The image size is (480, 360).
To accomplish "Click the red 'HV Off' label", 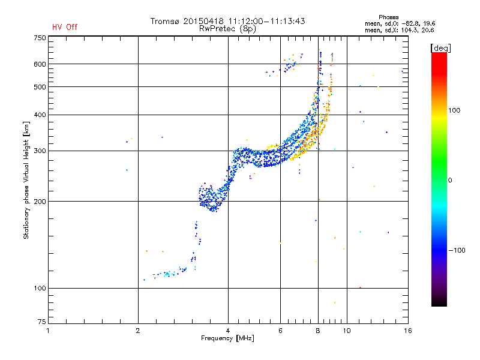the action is pyautogui.click(x=65, y=27).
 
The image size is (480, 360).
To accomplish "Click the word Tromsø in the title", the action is pyautogui.click(x=164, y=21).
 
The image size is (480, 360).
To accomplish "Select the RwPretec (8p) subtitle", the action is pyautogui.click(x=227, y=29).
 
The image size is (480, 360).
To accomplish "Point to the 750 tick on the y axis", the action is pyautogui.click(x=40, y=38).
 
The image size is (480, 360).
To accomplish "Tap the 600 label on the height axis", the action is pyautogui.click(x=40, y=64).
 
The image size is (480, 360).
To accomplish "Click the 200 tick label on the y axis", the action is pyautogui.click(x=40, y=202).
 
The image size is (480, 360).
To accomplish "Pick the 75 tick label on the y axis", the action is pyautogui.click(x=42, y=322).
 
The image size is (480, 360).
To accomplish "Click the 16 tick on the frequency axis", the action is pyautogui.click(x=408, y=331).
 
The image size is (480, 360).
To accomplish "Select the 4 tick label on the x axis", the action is pyautogui.click(x=228, y=331).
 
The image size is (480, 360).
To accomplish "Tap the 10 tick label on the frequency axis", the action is pyautogui.click(x=347, y=331).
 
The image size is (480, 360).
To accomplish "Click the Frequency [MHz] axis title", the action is pyautogui.click(x=227, y=338).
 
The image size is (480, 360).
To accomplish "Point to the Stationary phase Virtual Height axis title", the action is pyautogui.click(x=26, y=180).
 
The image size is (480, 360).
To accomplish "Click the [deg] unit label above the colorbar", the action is pyautogui.click(x=440, y=48).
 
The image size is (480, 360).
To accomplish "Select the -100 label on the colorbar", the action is pyautogui.click(x=457, y=250).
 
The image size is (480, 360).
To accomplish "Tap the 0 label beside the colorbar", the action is pyautogui.click(x=450, y=181).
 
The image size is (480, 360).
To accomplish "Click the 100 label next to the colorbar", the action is pyautogui.click(x=454, y=110).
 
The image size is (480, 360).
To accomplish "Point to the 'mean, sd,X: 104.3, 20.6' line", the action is pyautogui.click(x=399, y=31).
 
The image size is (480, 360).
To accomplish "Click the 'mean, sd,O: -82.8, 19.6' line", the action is pyautogui.click(x=400, y=24).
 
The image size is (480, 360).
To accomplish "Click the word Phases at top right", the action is pyautogui.click(x=388, y=17).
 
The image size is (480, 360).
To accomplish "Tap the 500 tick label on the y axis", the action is pyautogui.click(x=40, y=87).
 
